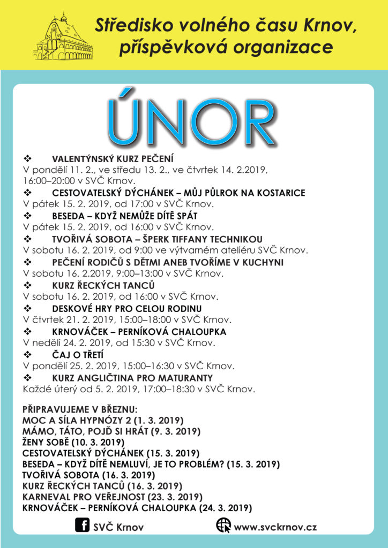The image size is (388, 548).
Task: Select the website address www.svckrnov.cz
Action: [275, 527]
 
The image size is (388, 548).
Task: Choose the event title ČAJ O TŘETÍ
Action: [77, 355]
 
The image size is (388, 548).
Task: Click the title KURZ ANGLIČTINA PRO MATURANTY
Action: [129, 378]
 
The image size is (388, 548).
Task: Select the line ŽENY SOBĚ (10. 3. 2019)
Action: [73, 442]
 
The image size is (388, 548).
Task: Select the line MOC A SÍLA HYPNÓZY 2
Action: [102, 420]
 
